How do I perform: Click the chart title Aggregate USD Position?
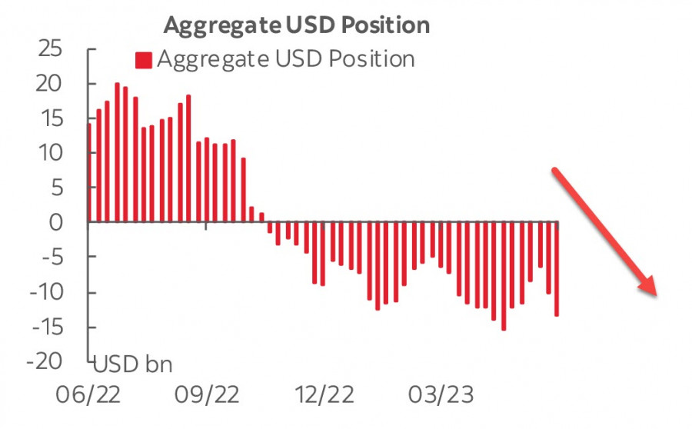click(296, 25)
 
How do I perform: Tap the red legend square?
click(144, 60)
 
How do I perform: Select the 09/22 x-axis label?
click(206, 395)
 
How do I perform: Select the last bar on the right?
click(557, 268)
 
